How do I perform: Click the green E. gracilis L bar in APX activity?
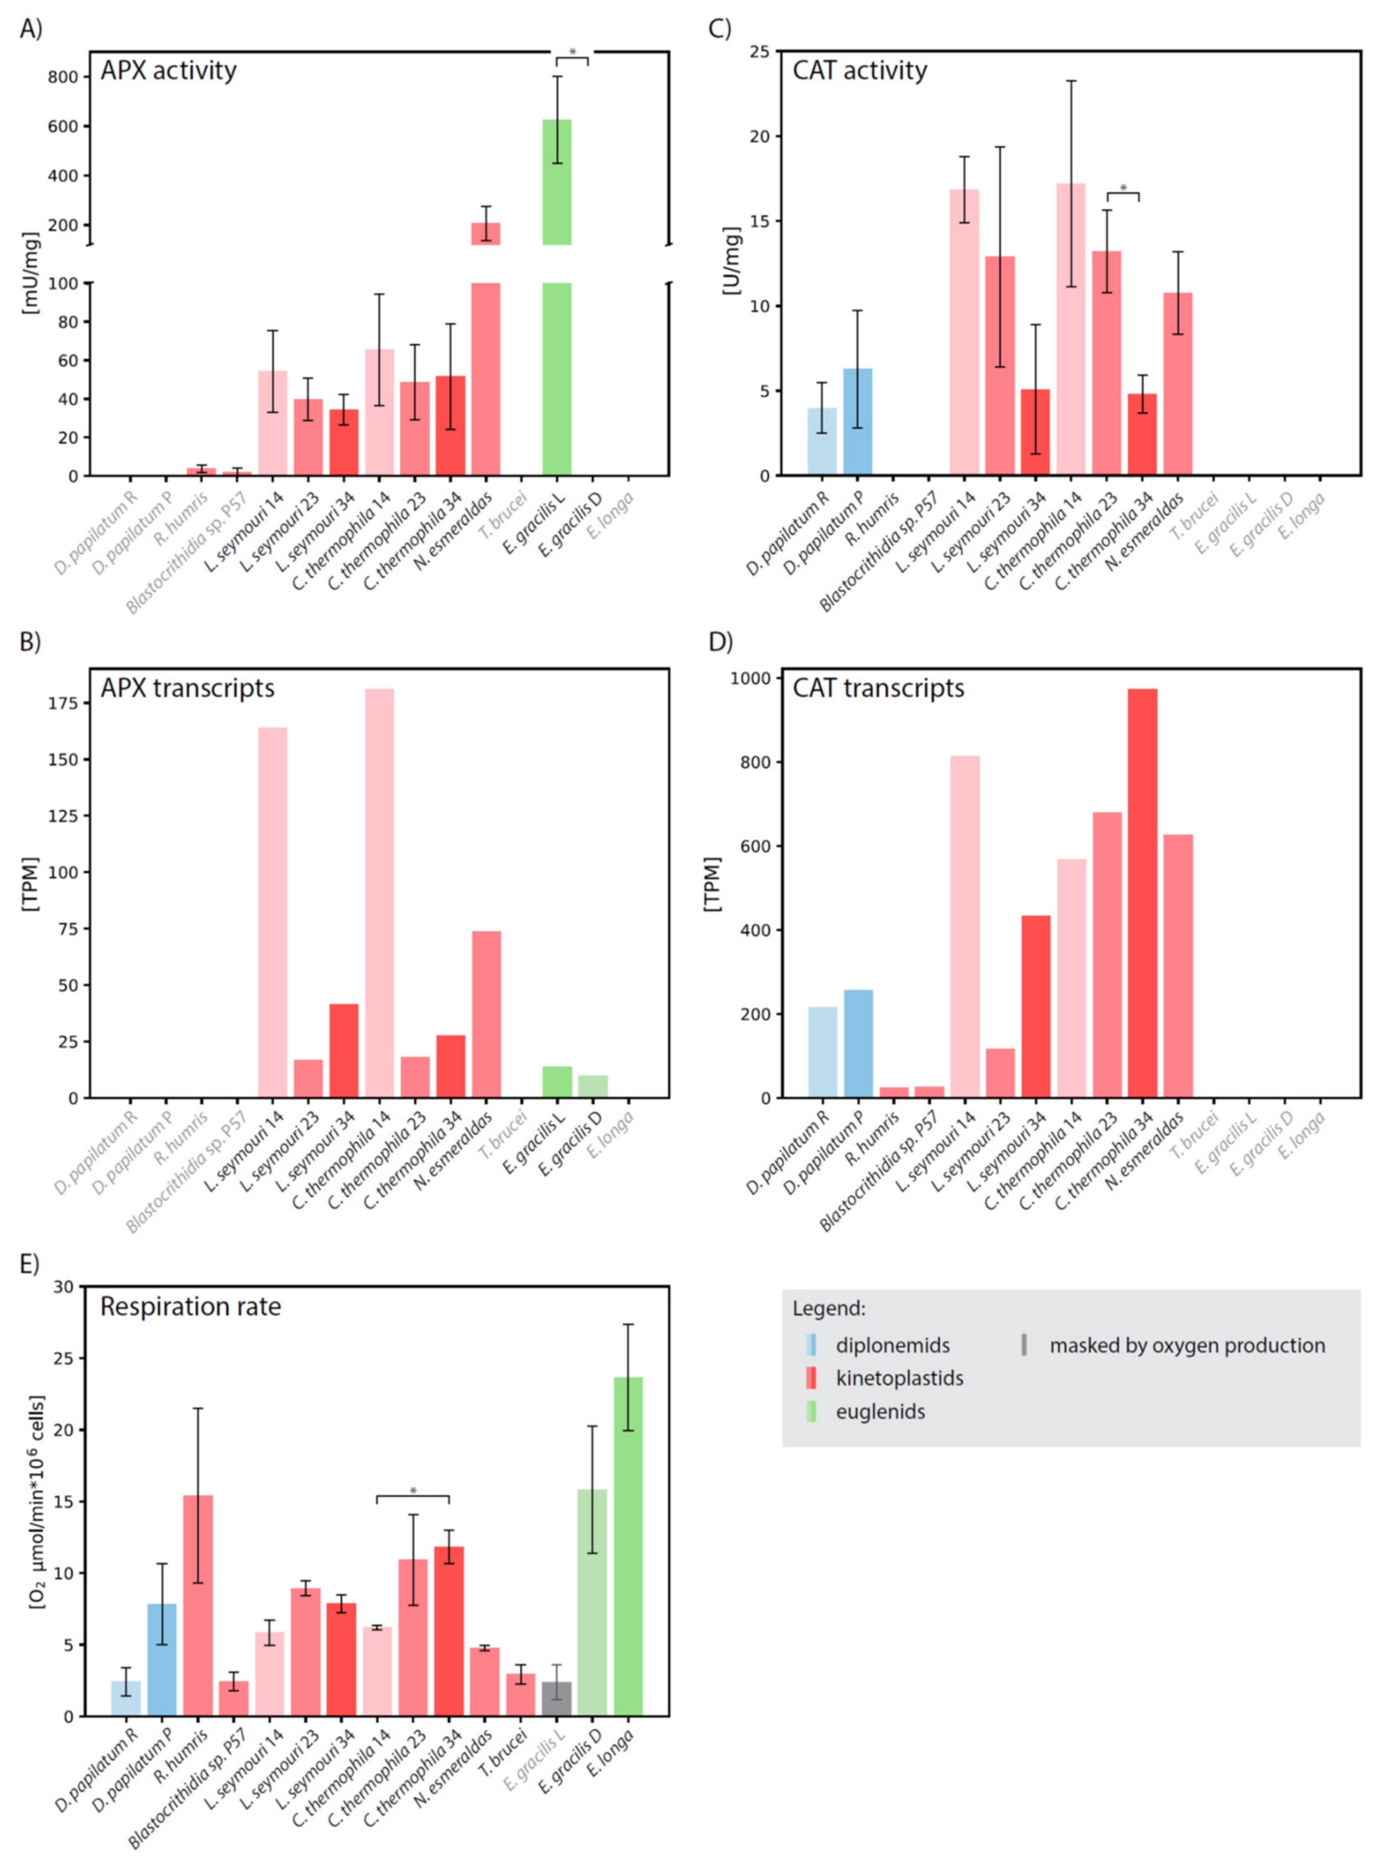[557, 297]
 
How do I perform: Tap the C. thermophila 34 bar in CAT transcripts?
[1143, 894]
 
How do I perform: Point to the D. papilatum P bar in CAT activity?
[858, 422]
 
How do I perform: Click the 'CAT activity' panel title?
[859, 71]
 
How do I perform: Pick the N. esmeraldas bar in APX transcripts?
[486, 1015]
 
